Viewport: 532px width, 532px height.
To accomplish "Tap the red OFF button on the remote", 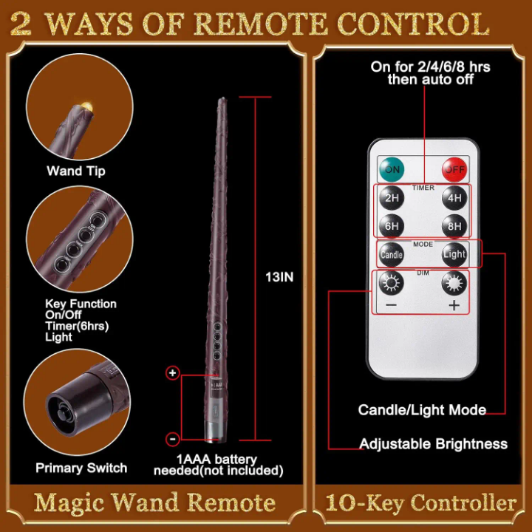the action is [x=454, y=169].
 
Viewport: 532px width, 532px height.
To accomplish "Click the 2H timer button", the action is [x=392, y=198].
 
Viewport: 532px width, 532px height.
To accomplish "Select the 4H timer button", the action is [x=454, y=198].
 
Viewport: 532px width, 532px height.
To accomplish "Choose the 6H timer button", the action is [x=392, y=226].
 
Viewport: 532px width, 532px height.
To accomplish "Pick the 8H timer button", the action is [x=454, y=226].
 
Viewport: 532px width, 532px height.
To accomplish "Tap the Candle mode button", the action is [x=392, y=254].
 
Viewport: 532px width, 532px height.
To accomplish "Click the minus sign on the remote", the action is [x=391, y=305].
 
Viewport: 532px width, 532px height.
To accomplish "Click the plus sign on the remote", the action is [x=454, y=305].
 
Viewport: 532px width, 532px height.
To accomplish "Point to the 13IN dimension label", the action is [x=279, y=277].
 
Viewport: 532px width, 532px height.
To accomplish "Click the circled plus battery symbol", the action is [x=173, y=373].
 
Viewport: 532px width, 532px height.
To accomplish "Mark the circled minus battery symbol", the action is [x=173, y=439].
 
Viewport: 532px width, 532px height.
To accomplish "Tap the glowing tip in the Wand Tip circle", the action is [x=87, y=104].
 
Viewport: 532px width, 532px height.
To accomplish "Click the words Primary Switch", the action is [x=81, y=468].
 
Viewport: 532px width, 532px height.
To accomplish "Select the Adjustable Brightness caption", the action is [x=433, y=444].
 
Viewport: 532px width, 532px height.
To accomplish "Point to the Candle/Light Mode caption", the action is [x=422, y=410].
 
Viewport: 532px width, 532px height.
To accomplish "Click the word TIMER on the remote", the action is [x=423, y=188].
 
